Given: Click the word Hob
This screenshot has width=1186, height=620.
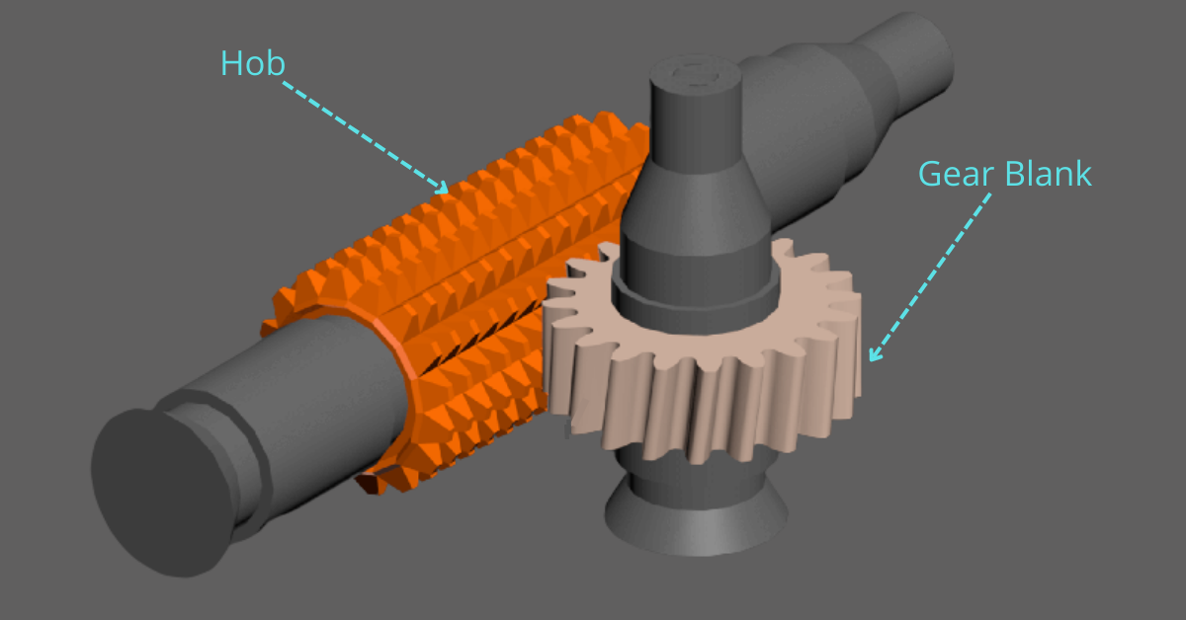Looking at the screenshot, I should coord(252,63).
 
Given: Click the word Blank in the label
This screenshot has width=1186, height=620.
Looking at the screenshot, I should coord(1049,174).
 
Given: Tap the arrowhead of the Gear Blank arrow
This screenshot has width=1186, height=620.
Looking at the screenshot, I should coord(873,354).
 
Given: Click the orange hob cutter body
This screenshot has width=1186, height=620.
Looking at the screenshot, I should coord(474,267).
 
